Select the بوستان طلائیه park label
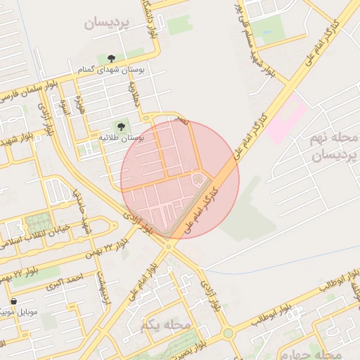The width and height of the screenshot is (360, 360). tap(122, 139)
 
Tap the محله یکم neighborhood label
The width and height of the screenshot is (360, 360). tap(166, 325)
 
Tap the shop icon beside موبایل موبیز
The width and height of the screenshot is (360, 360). tap(14, 300)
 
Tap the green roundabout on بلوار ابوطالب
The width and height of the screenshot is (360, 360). tap(229, 333)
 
